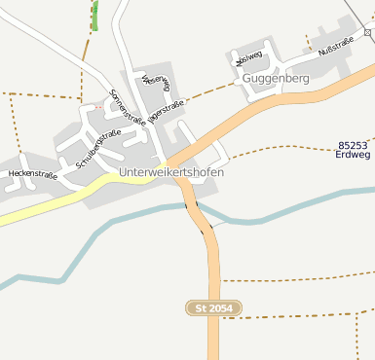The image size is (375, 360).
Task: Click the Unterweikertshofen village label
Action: (x=171, y=172)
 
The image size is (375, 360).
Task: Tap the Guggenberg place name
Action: (x=276, y=77)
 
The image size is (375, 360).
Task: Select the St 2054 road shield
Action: (x=213, y=307)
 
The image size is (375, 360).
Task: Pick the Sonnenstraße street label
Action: (x=128, y=107)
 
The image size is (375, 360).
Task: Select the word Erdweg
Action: (x=354, y=153)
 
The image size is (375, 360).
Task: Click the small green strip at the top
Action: (x=94, y=15)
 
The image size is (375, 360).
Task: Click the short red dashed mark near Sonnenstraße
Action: (x=97, y=105)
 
